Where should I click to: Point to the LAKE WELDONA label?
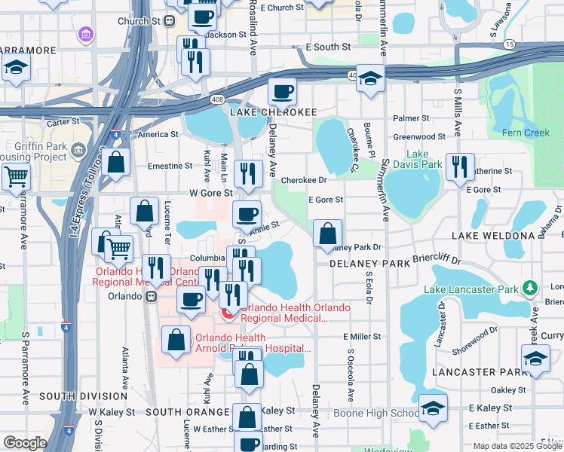click(x=492, y=236)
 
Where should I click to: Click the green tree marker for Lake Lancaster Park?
click(x=530, y=289)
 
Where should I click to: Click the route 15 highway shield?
click(x=510, y=44)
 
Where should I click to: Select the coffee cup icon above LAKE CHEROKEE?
click(x=282, y=92)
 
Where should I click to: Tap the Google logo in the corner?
click(x=25, y=443)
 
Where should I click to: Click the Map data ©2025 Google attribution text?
click(x=517, y=445)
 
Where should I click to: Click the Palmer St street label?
click(x=410, y=118)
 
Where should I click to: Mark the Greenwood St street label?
click(x=419, y=137)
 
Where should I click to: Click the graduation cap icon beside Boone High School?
click(x=433, y=408)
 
